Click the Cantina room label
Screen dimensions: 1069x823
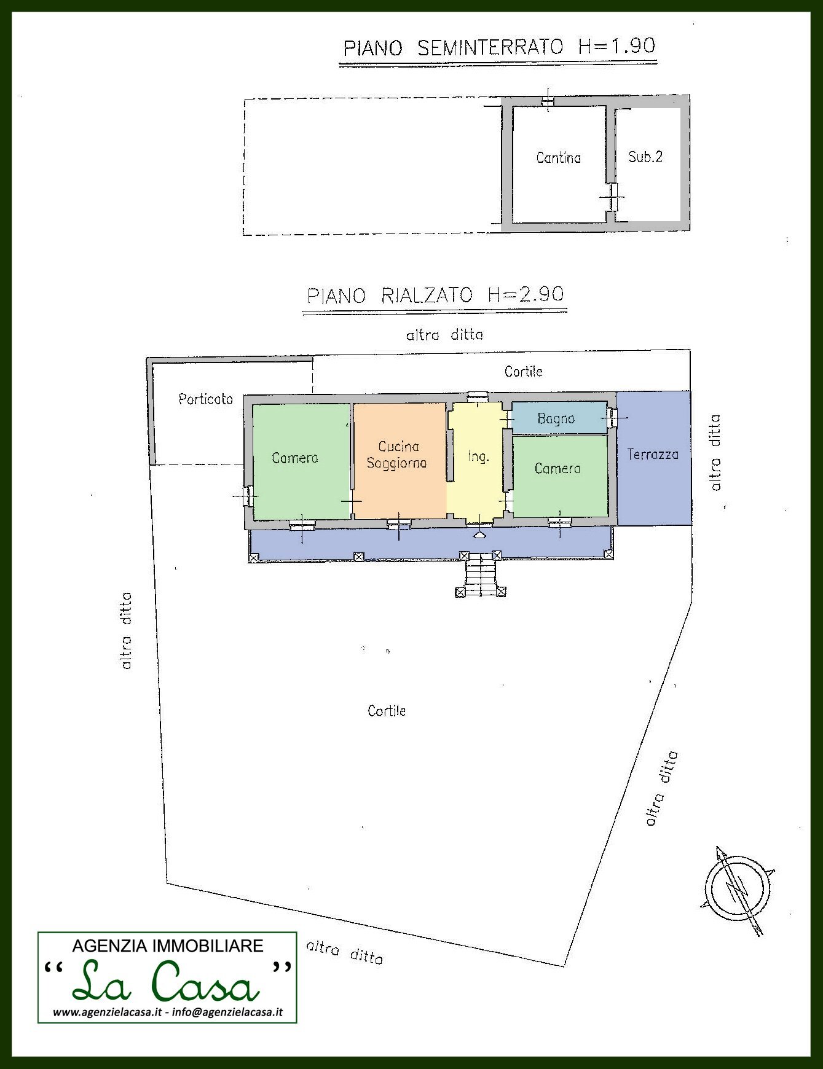click(558, 158)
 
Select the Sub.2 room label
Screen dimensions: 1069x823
click(645, 157)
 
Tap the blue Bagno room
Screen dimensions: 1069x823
click(556, 418)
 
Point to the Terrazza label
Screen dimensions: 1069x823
click(653, 455)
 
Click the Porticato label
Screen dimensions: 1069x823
click(205, 399)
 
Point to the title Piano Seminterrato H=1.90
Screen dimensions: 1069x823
click(499, 47)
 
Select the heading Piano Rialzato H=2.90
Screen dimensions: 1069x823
click(435, 296)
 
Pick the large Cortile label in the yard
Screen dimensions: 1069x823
click(387, 711)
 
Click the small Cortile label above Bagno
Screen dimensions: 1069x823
click(523, 371)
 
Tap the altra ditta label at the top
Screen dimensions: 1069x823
click(444, 335)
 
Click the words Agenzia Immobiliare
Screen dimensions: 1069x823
click(167, 946)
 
